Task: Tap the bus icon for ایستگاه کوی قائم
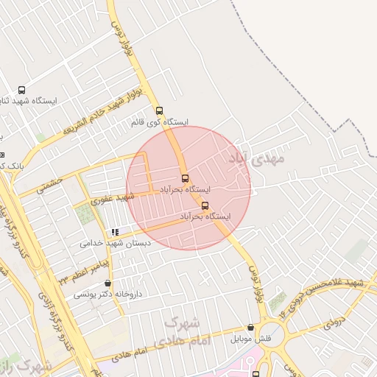pos(160,110)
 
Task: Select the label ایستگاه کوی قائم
pos(159,121)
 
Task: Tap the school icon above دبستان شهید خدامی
pos(115,232)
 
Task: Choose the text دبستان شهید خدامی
pos(115,242)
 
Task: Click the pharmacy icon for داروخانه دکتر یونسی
pos(108,283)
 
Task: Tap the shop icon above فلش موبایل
pos(251,328)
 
